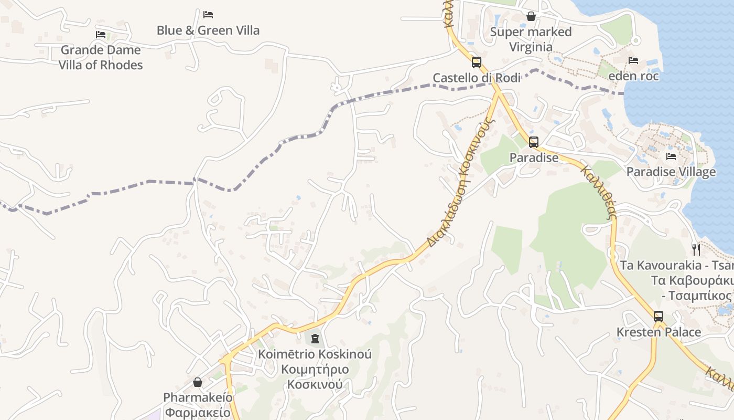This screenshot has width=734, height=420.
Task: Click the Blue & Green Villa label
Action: click(x=208, y=30)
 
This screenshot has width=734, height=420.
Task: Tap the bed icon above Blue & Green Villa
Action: click(x=208, y=14)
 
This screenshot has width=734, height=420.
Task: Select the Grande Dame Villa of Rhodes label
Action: click(x=100, y=57)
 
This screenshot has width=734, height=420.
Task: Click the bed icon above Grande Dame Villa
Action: click(x=101, y=35)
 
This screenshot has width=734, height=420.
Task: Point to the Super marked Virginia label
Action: click(x=531, y=39)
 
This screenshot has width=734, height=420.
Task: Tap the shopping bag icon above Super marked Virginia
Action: click(x=531, y=16)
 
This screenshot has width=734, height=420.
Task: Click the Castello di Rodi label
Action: click(x=476, y=78)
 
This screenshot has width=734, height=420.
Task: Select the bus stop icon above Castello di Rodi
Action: click(x=476, y=62)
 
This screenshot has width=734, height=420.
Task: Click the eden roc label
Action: click(x=633, y=76)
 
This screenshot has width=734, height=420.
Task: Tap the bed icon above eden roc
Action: click(x=633, y=60)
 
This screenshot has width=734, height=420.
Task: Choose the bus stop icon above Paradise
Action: click(x=534, y=142)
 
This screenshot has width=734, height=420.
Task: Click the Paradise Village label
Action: click(x=671, y=172)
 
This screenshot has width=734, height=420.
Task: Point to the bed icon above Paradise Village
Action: click(x=671, y=156)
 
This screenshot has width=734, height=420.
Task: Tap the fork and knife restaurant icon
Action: click(x=696, y=249)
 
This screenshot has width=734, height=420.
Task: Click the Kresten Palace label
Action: click(x=659, y=332)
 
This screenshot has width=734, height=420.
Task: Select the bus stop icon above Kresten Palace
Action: click(x=659, y=317)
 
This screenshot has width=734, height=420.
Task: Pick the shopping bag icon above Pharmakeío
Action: click(x=198, y=382)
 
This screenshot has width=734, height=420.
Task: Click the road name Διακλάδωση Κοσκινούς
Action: click(x=461, y=184)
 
